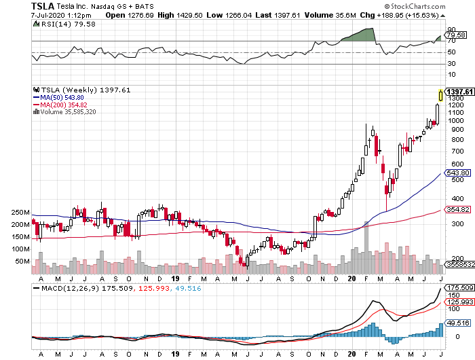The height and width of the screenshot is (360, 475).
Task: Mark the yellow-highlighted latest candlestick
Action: click(441, 96)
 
